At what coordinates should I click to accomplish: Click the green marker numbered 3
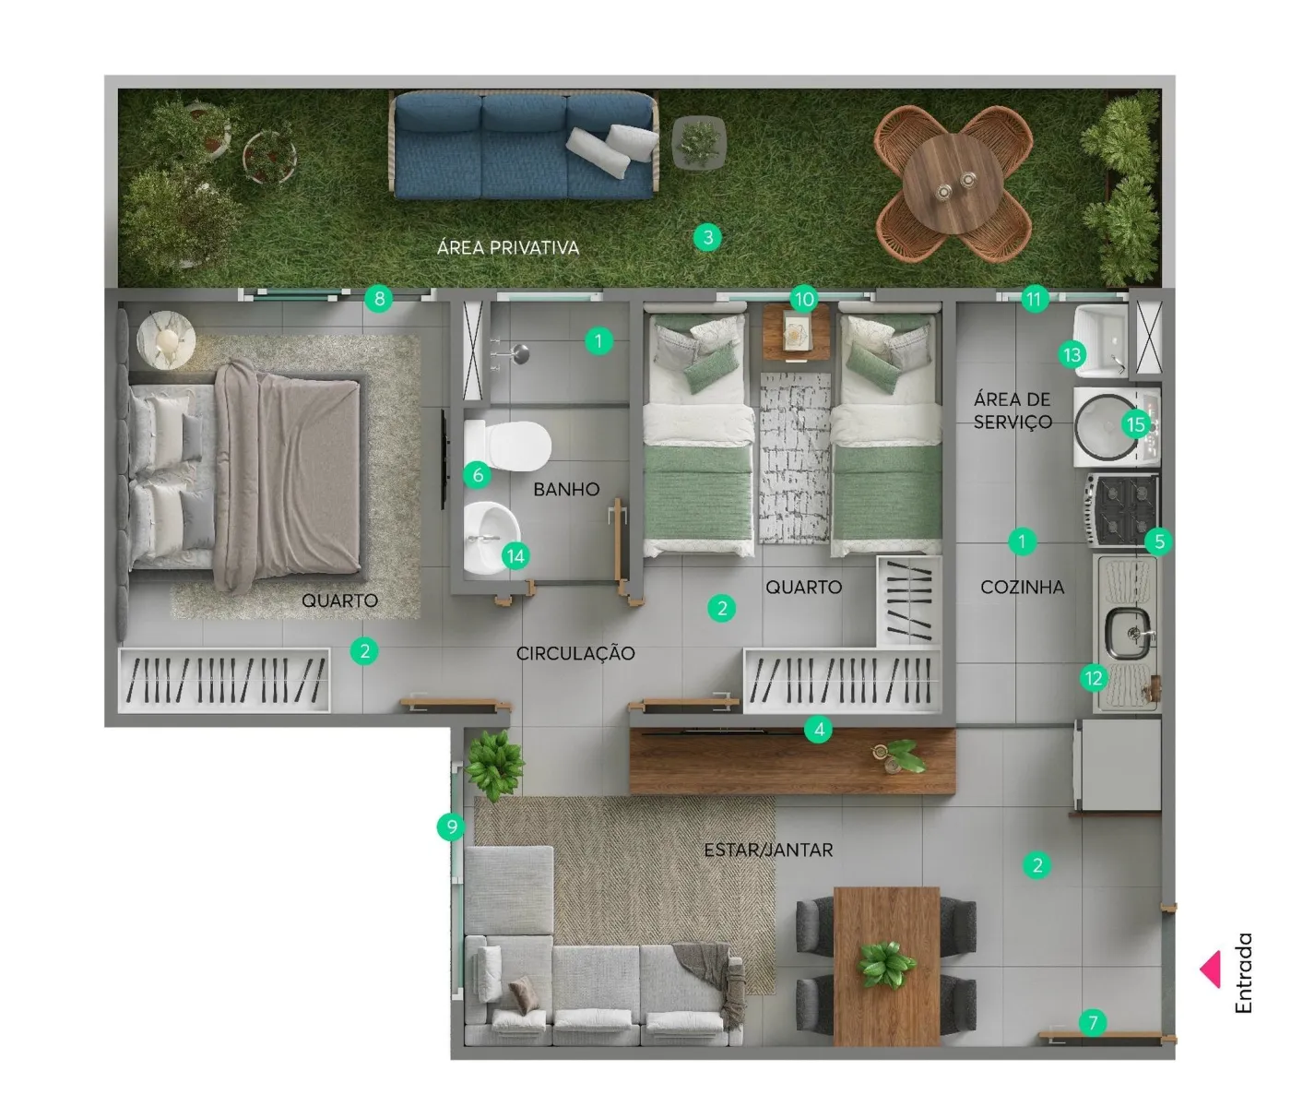point(707,237)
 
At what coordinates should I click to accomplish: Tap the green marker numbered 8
point(379,299)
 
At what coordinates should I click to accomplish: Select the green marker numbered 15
point(1135,425)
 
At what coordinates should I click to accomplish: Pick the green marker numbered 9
point(451,827)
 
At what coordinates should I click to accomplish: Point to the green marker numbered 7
point(1093,1022)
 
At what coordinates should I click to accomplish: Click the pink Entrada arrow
point(1211,969)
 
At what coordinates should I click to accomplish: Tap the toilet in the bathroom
point(507,446)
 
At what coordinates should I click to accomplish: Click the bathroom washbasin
point(492,538)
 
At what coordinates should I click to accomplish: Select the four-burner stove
point(1122,510)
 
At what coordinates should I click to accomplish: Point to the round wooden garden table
point(952,184)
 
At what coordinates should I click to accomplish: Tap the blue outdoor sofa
point(524,145)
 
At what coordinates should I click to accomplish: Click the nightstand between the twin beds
point(796,332)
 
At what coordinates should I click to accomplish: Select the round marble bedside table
point(166,340)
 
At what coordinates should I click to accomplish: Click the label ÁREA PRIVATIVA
point(508,248)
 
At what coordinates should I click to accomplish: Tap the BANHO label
point(566,489)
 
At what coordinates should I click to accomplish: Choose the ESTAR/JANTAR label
point(768,850)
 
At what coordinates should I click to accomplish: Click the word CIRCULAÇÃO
point(575,653)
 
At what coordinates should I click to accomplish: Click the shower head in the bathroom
point(520,354)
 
